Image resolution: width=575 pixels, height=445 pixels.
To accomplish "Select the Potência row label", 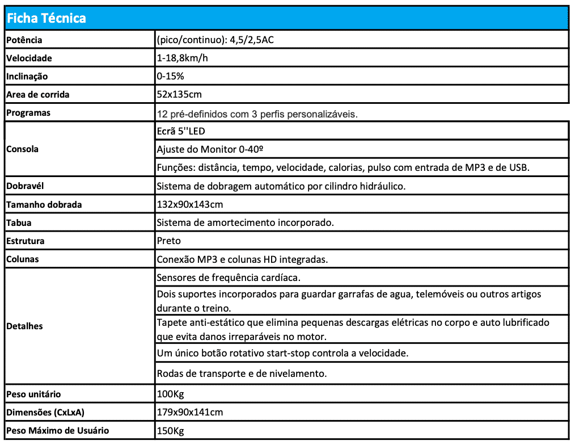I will click(24, 40).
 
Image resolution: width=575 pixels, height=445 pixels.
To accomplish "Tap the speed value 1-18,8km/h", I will click(182, 58).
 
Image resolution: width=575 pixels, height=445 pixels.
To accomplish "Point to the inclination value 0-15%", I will click(170, 76).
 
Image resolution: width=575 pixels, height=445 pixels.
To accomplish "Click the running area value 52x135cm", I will click(179, 94).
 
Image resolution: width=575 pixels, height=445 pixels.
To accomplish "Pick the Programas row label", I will click(28, 112).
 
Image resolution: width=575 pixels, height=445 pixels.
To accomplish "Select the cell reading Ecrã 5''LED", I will click(181, 131).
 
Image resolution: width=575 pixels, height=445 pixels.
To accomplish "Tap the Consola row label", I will click(22, 149).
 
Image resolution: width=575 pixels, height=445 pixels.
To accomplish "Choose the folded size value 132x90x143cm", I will click(189, 204).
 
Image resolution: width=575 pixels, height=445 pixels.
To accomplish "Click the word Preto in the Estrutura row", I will click(168, 241).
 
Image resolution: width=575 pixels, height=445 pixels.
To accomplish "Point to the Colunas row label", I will click(22, 259).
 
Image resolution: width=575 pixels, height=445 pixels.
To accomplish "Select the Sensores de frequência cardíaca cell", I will click(229, 278).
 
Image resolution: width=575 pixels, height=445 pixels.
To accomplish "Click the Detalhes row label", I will click(24, 326).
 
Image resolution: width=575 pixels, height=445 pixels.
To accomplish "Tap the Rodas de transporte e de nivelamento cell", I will click(242, 373).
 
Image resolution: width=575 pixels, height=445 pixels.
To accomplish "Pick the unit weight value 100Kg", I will click(170, 394).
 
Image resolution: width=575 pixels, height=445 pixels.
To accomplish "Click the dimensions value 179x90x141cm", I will click(189, 412).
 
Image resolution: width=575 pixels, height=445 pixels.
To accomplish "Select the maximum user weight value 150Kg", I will click(170, 431).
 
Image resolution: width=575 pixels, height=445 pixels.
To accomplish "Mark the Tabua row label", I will click(19, 222).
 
